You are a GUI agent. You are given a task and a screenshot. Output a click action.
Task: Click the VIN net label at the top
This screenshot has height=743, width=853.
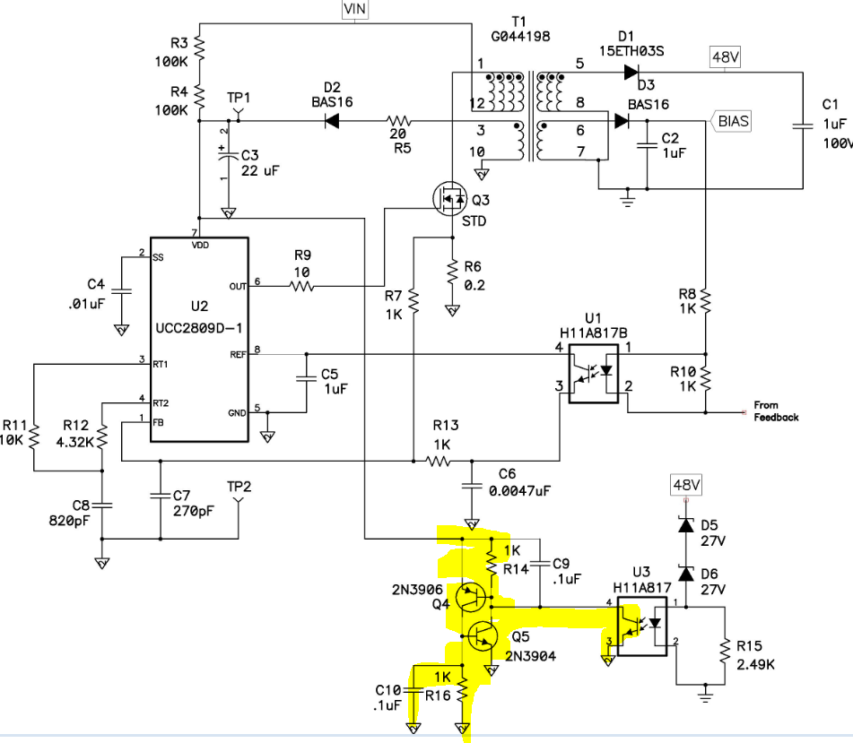tap(354, 9)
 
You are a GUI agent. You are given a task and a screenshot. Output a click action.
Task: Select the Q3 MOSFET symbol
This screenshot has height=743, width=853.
tap(450, 198)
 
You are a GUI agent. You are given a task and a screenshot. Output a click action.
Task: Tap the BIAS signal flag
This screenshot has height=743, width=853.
tap(730, 121)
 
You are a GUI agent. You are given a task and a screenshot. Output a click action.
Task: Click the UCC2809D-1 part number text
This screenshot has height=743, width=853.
tap(198, 328)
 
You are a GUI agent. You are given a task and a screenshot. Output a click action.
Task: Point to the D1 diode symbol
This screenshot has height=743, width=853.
tap(631, 72)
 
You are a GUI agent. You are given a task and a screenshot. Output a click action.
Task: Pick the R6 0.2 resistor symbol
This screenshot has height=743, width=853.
tap(452, 273)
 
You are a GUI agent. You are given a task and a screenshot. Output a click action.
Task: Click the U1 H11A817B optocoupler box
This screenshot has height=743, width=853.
tap(594, 374)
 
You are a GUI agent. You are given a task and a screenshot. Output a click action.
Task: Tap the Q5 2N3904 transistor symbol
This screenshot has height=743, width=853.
tap(483, 635)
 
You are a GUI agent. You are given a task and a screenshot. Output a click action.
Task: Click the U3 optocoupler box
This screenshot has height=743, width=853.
tap(642, 626)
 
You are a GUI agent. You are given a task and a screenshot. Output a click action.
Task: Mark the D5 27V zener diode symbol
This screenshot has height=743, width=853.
tap(686, 525)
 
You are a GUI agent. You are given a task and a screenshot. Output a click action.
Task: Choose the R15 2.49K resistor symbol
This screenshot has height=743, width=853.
tap(725, 651)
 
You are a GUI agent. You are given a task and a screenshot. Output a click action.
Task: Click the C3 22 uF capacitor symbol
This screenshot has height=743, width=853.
tap(229, 155)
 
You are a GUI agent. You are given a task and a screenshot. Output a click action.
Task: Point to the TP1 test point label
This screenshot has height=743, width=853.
tap(239, 98)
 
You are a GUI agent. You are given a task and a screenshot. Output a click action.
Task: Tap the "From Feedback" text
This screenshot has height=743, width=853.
tap(776, 411)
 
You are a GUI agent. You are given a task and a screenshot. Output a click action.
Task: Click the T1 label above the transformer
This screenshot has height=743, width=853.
tap(519, 22)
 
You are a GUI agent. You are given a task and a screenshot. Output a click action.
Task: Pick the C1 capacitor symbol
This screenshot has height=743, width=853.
tap(803, 126)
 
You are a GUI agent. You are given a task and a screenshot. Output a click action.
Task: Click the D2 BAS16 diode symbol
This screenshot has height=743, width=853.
tap(332, 121)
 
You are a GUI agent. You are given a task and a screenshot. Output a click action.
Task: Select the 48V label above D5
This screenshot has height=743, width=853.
tap(685, 485)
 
